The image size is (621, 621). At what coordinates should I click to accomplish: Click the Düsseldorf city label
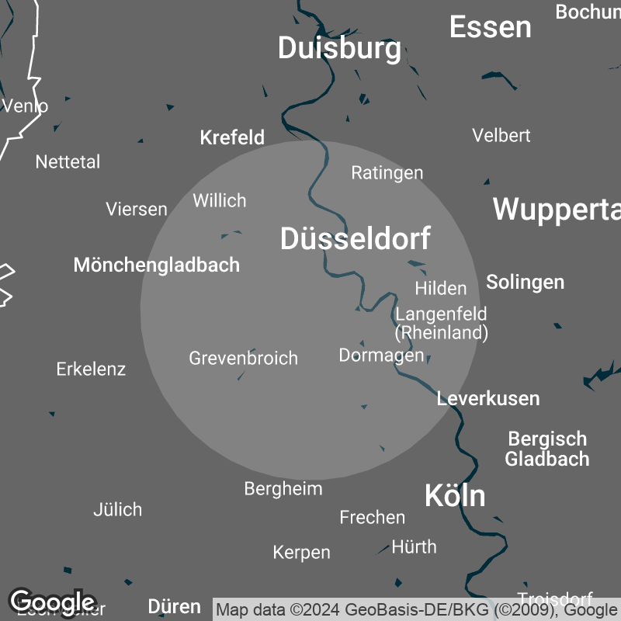point(355,239)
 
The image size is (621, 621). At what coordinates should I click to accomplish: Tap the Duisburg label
point(339,48)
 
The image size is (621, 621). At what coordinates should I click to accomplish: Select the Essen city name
point(491,27)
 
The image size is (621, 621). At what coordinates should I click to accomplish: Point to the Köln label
point(455,495)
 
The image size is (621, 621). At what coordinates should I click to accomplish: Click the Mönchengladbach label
point(157,265)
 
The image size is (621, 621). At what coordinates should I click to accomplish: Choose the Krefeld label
point(232,137)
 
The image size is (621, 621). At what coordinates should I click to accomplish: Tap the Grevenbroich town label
point(243,358)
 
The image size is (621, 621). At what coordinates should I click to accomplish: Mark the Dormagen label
point(381,355)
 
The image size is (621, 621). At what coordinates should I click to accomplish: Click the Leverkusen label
point(488,398)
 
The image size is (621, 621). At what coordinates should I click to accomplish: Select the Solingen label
point(525,282)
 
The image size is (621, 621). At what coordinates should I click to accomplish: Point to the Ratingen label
point(387,172)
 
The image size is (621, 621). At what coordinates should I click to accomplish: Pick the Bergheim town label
point(283,488)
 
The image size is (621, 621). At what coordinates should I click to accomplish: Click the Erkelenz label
point(91,369)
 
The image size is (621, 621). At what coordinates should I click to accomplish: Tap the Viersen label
point(137,209)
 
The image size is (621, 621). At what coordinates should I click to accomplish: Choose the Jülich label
point(117,509)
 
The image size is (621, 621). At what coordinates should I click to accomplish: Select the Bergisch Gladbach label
point(546,449)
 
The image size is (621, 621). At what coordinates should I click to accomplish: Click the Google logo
point(52,602)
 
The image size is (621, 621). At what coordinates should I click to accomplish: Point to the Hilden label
point(441,288)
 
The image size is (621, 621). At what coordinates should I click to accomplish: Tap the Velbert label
point(501,135)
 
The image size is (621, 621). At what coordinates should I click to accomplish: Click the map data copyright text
point(416,609)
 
